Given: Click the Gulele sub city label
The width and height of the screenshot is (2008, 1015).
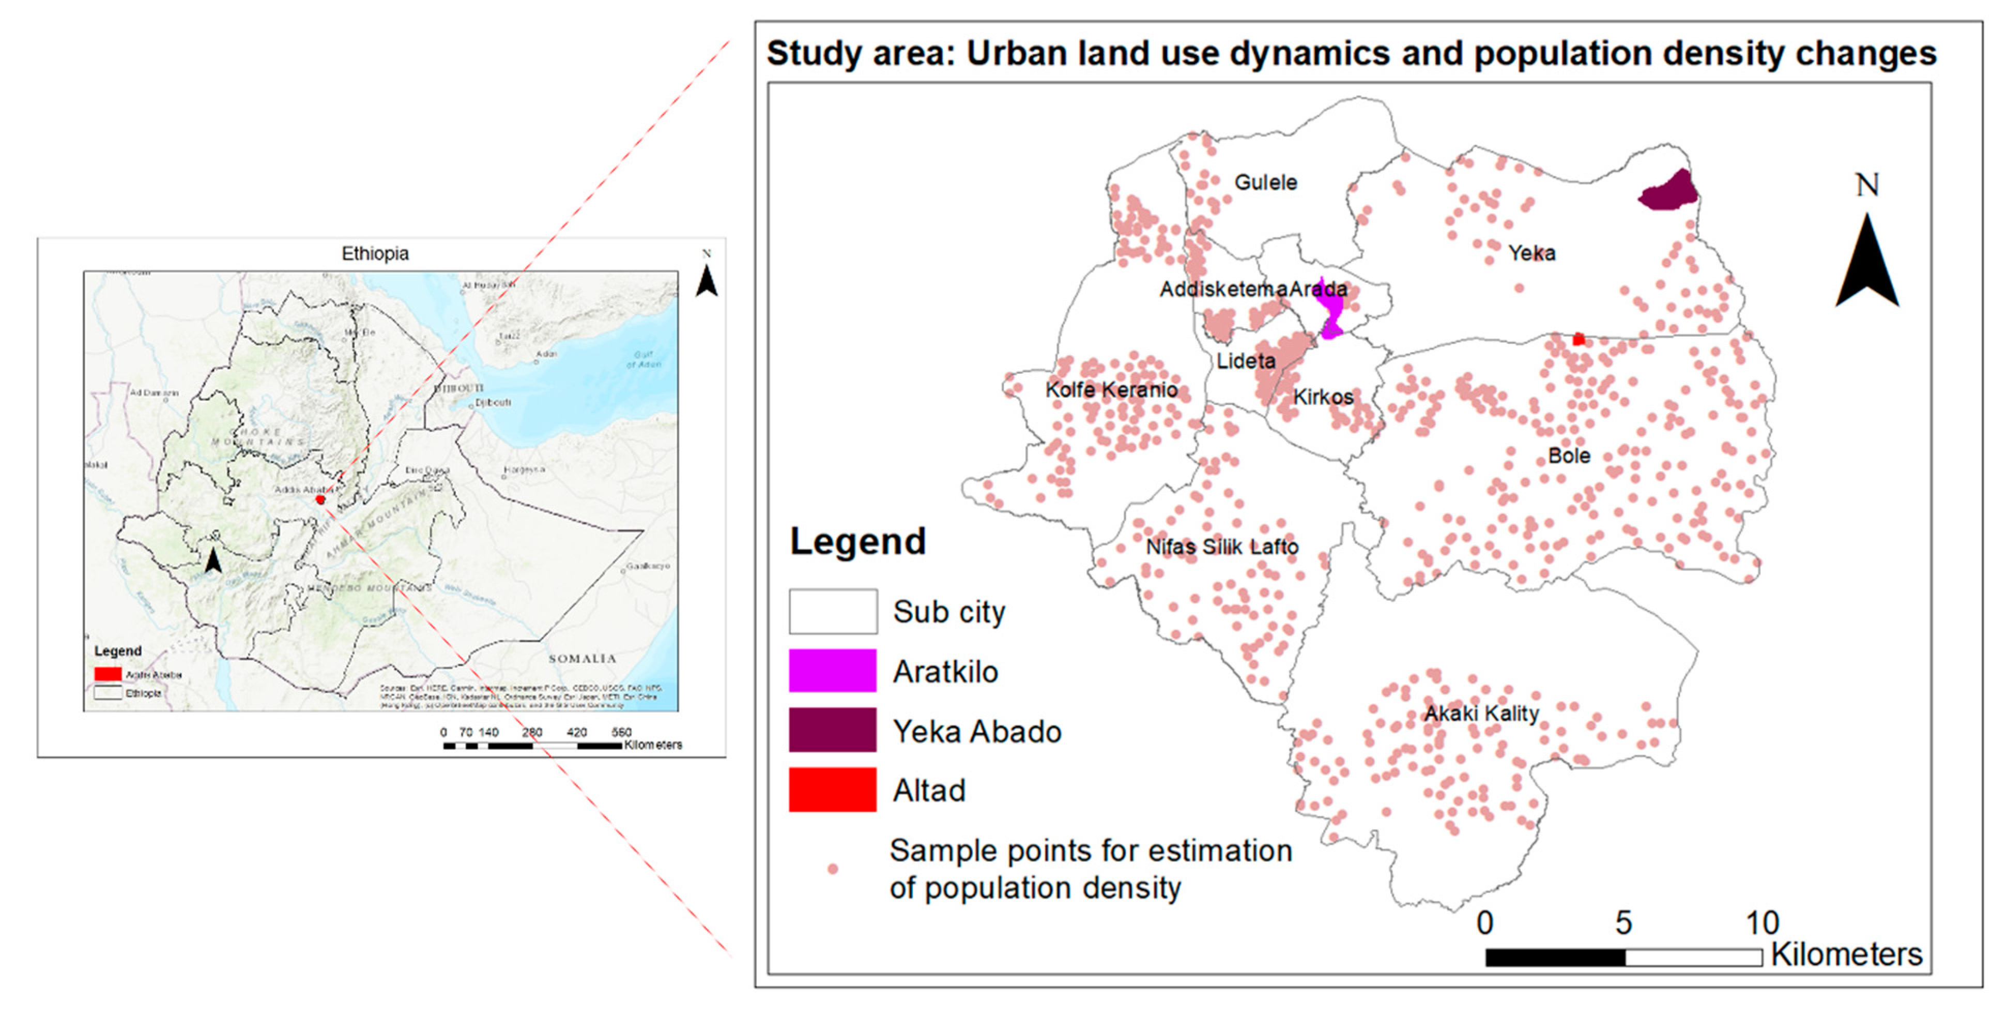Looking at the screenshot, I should point(1265,183).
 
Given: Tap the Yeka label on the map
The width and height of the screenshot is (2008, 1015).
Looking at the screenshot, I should point(1531,253).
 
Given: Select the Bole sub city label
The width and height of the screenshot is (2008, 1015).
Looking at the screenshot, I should point(1568,455).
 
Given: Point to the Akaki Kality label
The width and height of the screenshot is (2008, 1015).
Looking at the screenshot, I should point(1481,714).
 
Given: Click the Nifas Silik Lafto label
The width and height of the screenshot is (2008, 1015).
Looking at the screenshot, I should point(1221,547).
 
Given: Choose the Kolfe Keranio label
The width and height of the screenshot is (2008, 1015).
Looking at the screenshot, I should point(1111,390).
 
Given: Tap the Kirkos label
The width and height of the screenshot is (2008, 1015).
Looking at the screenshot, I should point(1323,397).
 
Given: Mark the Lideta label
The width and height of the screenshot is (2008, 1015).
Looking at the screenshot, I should point(1246,361).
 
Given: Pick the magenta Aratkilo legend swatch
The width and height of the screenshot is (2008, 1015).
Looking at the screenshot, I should point(832,671).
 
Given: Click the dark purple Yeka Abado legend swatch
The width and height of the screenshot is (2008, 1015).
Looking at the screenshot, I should point(832,731).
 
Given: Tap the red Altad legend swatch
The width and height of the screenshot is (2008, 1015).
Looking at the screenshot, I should point(832,790).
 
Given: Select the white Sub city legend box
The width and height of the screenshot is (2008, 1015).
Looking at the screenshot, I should point(832,611).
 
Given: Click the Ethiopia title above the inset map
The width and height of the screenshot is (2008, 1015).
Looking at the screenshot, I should point(375,253).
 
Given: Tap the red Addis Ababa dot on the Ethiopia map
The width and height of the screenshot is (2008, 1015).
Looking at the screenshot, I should point(320,499).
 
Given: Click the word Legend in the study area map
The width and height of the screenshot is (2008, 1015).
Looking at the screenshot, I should point(857,541).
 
